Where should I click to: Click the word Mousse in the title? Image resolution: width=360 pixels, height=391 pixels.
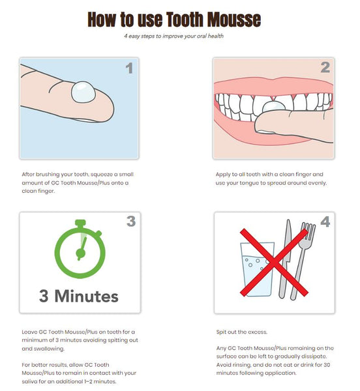[x=234, y=19]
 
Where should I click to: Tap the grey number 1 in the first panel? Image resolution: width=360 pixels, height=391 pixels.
[x=129, y=68]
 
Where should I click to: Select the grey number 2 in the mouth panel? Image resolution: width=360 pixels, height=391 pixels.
[x=325, y=67]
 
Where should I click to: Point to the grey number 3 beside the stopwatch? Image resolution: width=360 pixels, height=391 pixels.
[x=131, y=221]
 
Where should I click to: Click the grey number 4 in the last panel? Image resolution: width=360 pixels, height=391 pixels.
[x=325, y=222]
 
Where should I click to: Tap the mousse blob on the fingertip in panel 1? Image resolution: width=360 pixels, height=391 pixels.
[x=83, y=92]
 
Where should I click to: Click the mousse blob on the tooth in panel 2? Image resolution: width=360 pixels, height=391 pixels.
[x=273, y=106]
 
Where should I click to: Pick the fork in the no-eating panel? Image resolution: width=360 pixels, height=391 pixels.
[x=303, y=259]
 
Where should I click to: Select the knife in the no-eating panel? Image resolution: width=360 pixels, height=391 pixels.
[x=285, y=259]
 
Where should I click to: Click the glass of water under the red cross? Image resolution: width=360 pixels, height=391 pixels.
[x=257, y=269]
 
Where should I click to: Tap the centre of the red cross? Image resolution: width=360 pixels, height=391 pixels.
[x=274, y=263]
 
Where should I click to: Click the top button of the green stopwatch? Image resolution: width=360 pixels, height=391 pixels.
[x=80, y=223]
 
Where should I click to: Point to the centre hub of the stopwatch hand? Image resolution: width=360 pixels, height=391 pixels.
[x=81, y=253]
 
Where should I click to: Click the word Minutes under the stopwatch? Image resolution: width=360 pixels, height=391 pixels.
[x=86, y=297]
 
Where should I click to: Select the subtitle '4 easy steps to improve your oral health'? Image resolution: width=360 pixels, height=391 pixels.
[x=174, y=36]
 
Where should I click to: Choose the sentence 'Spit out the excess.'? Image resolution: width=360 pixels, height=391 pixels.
[x=242, y=332]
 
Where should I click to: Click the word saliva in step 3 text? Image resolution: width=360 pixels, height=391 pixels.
[x=29, y=381]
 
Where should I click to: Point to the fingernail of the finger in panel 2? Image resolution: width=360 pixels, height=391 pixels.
[x=265, y=132]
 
